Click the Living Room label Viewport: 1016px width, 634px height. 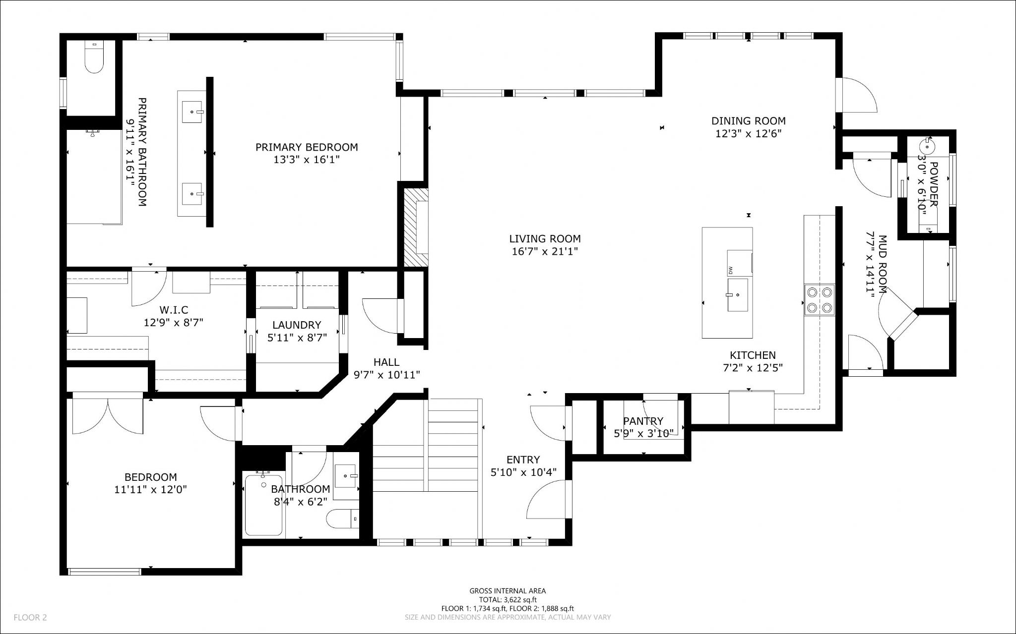545,239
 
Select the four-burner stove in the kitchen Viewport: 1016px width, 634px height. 819,300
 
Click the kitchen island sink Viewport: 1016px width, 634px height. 738,295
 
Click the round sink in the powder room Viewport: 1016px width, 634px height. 927,147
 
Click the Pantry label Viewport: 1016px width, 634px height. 643,421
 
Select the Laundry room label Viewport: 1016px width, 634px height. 297,325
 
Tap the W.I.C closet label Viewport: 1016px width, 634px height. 174,310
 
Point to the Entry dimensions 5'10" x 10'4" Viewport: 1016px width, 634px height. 523,472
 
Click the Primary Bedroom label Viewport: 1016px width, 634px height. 307,147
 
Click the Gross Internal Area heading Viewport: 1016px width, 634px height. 508,591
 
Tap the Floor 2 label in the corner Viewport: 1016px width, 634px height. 30,618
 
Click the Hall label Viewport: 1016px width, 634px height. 386,362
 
